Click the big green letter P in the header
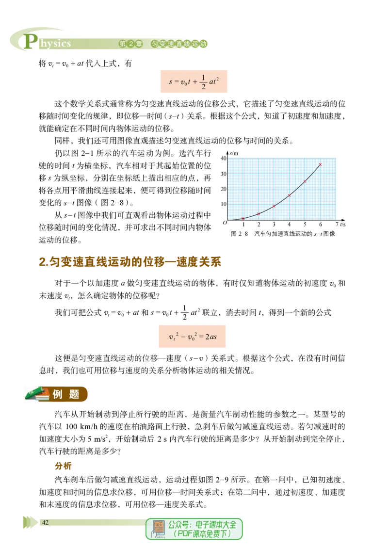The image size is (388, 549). [31, 41]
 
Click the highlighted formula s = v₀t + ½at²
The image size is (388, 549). [194, 81]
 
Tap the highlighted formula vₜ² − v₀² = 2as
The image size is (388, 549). [192, 337]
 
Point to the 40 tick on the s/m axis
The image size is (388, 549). [224, 158]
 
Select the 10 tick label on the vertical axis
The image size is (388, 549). [224, 204]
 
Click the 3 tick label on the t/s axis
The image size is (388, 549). [274, 224]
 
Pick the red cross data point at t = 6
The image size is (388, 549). [320, 164]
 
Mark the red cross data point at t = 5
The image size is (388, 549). [305, 181]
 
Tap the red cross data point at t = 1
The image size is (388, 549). [243, 218]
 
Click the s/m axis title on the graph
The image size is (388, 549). [234, 153]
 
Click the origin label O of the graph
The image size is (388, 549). [225, 223]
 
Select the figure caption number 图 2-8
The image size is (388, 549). [240, 234]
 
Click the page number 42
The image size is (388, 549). [45, 522]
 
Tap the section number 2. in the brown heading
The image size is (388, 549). [44, 262]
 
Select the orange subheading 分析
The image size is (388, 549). [63, 466]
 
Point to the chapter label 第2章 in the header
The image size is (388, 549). [131, 44]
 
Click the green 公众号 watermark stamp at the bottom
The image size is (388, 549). [194, 529]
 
